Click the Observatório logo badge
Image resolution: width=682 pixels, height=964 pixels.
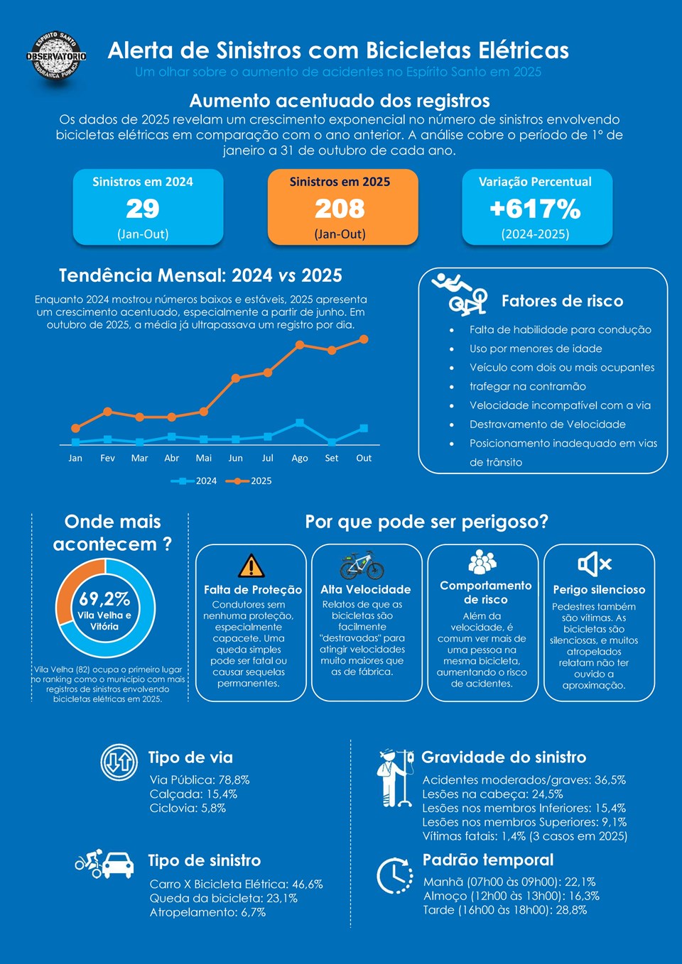click(x=56, y=55)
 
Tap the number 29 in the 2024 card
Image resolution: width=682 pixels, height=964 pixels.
click(x=143, y=209)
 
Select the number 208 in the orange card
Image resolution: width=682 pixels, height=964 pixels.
click(x=340, y=209)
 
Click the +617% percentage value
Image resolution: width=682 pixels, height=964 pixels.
click(x=535, y=209)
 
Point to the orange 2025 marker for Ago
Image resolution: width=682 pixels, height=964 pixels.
click(x=300, y=345)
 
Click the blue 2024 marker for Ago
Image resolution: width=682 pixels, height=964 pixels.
click(x=300, y=422)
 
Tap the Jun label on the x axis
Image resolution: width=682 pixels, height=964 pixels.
click(x=236, y=459)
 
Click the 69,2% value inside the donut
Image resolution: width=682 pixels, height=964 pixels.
click(x=104, y=599)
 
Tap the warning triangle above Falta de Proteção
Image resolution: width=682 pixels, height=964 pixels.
click(x=251, y=566)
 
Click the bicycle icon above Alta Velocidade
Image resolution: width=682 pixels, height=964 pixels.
click(x=362, y=565)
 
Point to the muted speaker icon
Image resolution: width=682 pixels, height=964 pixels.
click(x=595, y=564)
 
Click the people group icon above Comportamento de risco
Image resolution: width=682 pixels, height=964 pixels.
click(x=482, y=562)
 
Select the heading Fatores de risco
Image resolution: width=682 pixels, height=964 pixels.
click(x=562, y=301)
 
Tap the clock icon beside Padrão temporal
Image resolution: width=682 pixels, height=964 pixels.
click(x=394, y=875)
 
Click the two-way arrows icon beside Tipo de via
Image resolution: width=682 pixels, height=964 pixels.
click(x=119, y=762)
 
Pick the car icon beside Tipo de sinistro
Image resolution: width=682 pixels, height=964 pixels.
click(x=117, y=865)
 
